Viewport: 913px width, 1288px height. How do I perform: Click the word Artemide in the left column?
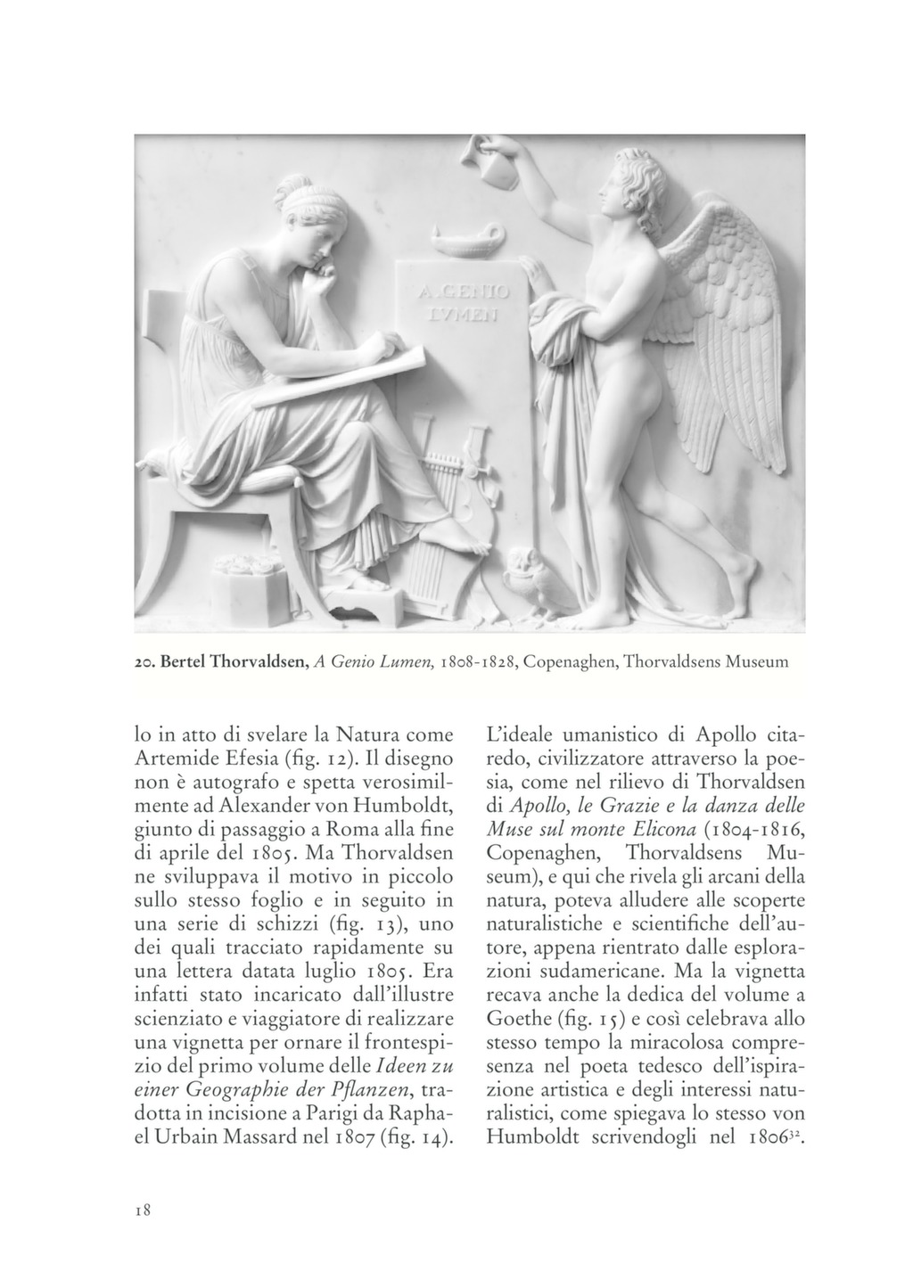(x=174, y=759)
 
